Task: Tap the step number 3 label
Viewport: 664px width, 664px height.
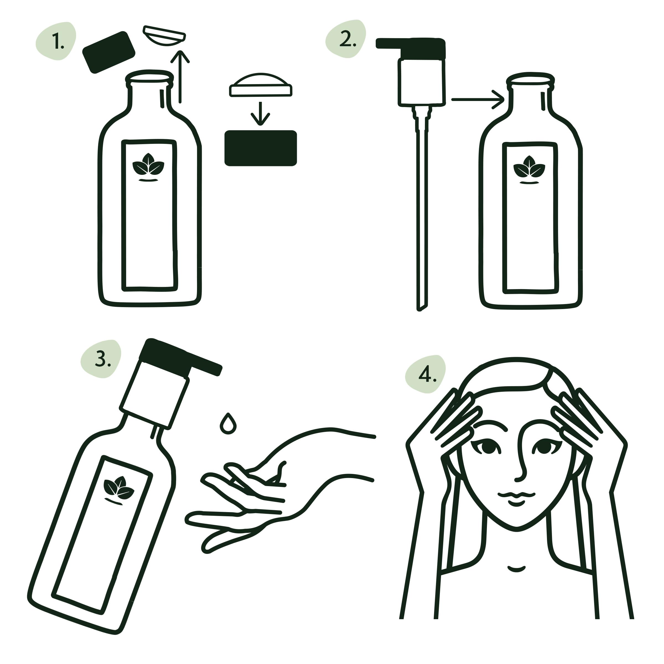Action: coord(102,359)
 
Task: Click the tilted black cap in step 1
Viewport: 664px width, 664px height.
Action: coord(109,52)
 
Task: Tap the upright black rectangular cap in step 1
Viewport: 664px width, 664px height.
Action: coord(261,148)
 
